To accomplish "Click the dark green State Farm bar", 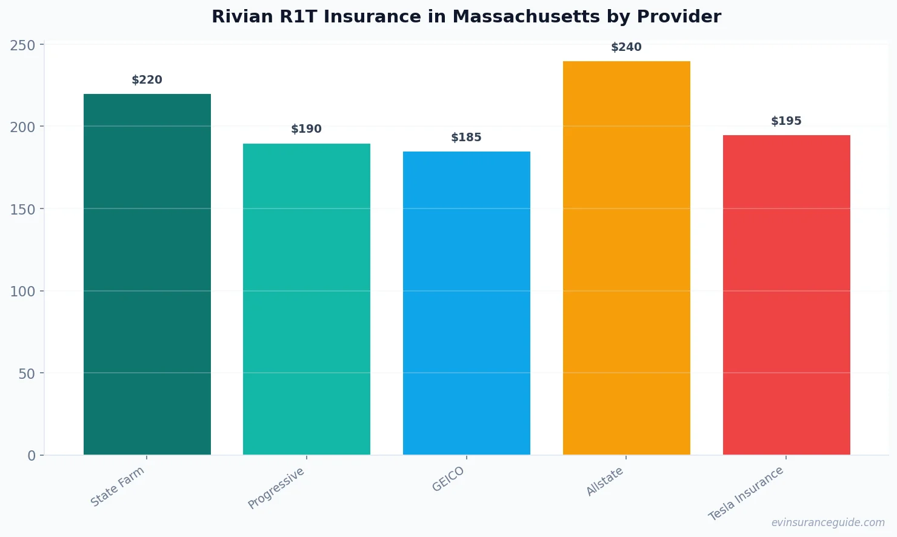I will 147,274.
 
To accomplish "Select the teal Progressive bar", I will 307,299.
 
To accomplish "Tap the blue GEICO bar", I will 467,303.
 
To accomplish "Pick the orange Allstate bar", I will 626,258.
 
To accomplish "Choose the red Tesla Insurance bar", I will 786,295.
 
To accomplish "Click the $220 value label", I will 147,80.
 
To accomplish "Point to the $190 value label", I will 307,129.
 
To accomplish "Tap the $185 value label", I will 467,138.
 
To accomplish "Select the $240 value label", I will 626,47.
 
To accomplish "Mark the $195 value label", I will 786,121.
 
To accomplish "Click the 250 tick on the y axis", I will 22,45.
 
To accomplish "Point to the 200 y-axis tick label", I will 22,127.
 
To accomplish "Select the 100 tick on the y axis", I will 22,292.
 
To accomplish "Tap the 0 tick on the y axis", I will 32,456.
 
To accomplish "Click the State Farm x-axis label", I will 118,487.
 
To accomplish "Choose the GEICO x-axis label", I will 448,479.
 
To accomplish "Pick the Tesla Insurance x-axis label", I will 746,493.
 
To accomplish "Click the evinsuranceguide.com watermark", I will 828,522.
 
